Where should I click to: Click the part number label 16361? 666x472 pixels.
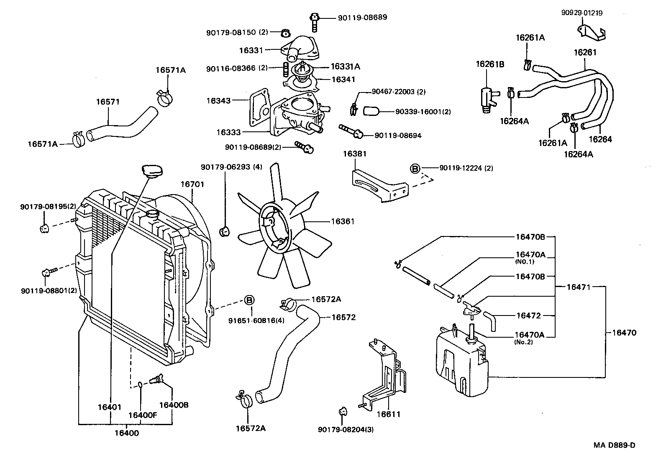[x=343, y=221]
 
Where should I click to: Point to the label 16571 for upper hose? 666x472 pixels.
[x=108, y=102]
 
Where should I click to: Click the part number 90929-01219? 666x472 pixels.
[x=581, y=13]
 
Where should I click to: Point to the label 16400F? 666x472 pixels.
[x=142, y=415]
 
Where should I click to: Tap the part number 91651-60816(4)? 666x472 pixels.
[x=250, y=320]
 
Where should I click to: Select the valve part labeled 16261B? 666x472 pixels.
[x=487, y=98]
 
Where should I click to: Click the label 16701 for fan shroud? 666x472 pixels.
[x=192, y=184]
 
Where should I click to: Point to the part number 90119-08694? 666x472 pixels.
[x=398, y=136]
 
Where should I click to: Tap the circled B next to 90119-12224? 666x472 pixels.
[x=415, y=168]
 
